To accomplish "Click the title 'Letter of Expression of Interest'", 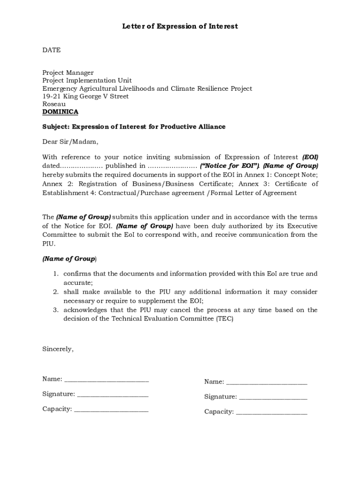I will tap(180, 26).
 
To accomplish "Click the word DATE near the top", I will tap(51, 50).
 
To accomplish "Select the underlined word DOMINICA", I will tap(60, 112).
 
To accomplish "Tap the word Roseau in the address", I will tap(54, 104).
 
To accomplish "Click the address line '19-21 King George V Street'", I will tap(86, 96).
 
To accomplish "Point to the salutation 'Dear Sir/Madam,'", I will tap(71, 142).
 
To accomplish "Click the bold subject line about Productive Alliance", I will tap(134, 127).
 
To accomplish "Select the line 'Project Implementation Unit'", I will tap(87, 80).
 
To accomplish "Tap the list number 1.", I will tap(55, 274).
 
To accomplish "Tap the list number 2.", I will tap(55, 292).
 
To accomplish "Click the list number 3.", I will tap(55, 310).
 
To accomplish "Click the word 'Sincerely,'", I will tap(58, 348).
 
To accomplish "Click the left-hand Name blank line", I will tap(106, 380).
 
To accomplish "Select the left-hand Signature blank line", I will tap(112, 395).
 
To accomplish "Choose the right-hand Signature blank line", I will tap(273, 398).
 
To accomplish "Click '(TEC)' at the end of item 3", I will tap(224, 319).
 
